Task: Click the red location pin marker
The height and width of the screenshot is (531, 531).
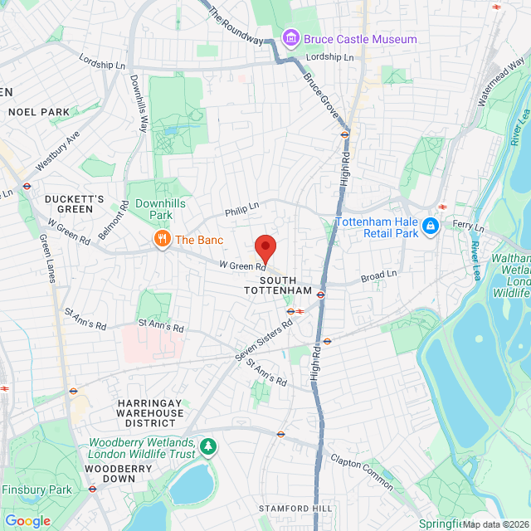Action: [x=265, y=247]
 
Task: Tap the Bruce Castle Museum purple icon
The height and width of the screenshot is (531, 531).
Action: [x=290, y=38]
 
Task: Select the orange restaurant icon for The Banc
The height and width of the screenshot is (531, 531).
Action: [x=163, y=240]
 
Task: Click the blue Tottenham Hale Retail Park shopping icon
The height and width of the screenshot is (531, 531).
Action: [x=430, y=226]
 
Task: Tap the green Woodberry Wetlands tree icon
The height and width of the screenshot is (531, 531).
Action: [x=208, y=448]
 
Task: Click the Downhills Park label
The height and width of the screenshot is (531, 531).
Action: [x=161, y=208]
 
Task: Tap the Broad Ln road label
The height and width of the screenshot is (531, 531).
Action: [x=379, y=275]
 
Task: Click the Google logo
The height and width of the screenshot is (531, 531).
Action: [x=27, y=521]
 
